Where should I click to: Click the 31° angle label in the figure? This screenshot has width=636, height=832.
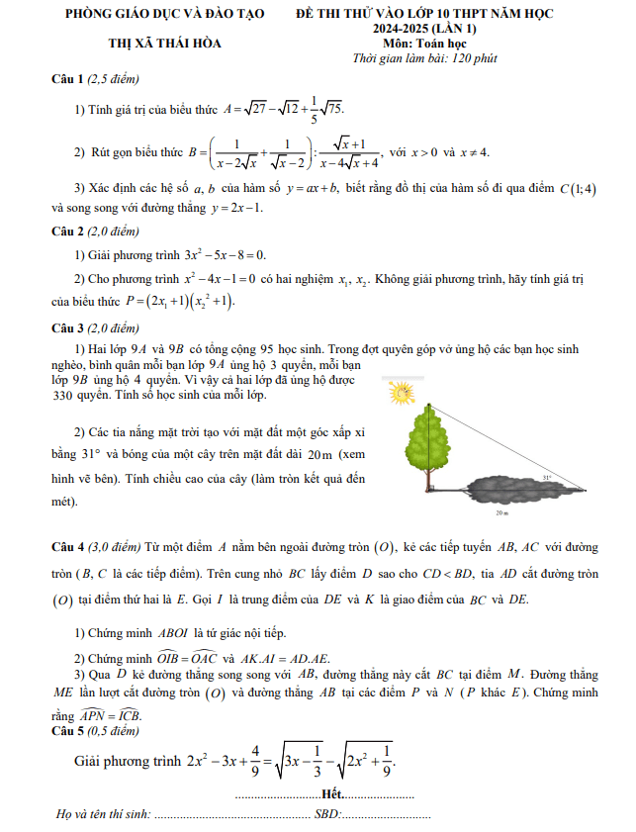(x=546, y=477)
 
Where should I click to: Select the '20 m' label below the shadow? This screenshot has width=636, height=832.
(x=501, y=514)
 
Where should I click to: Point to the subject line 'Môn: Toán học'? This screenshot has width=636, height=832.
(x=425, y=44)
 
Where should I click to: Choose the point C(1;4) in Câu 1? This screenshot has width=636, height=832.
(x=578, y=189)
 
